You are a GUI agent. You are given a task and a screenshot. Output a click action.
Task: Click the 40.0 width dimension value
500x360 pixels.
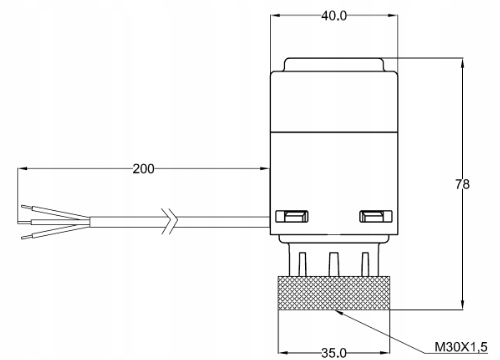pos(334,16)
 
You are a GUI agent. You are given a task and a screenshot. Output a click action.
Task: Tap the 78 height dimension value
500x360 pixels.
pos(462,184)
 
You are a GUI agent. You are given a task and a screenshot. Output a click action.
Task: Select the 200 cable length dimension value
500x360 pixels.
pos(144,169)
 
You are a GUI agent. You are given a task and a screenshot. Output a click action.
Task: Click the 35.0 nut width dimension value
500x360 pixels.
pos(334,353)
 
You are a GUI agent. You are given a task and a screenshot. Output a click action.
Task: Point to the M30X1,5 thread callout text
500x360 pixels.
pos(461,347)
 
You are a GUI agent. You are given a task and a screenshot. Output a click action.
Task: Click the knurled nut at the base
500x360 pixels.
pos(334,293)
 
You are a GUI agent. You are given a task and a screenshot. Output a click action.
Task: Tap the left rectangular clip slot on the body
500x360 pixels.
pos(292,216)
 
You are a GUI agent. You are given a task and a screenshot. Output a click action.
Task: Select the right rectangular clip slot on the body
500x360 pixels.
pos(376,216)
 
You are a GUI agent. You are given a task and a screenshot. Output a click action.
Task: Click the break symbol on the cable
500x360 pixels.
pos(170,221)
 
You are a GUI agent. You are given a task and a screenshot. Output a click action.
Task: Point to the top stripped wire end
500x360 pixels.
pos(27,207)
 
